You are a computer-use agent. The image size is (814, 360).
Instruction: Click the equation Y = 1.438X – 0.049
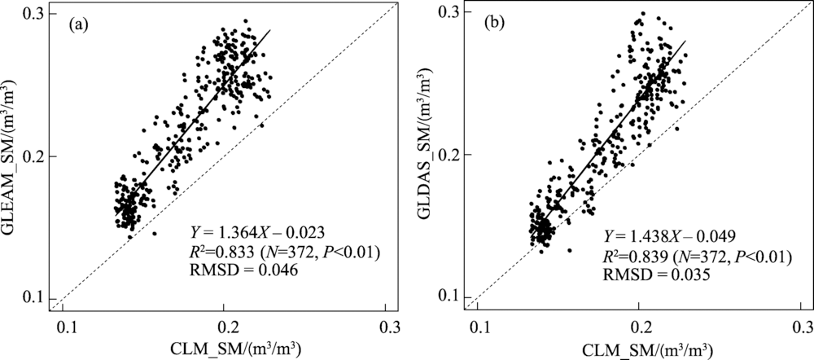click(670, 236)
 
